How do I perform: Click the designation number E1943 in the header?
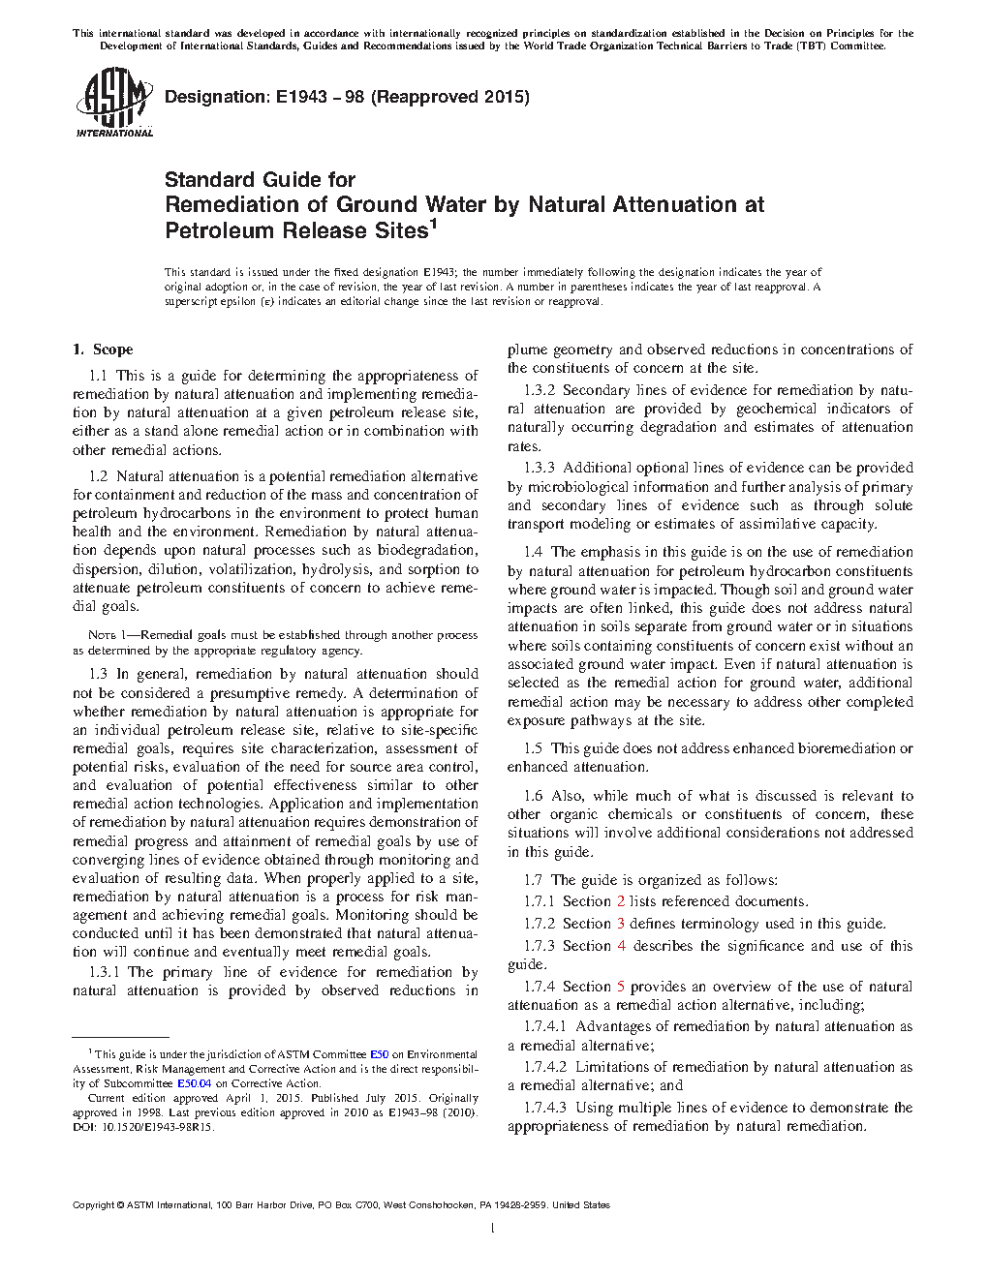click(301, 97)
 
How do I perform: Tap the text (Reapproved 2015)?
click(450, 97)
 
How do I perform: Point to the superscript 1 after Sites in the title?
click(434, 225)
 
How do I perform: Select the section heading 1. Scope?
click(104, 350)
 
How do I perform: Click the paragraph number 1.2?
click(98, 476)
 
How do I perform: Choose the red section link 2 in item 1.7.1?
click(621, 901)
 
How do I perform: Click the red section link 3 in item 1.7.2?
click(621, 924)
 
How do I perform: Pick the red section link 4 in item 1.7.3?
click(622, 946)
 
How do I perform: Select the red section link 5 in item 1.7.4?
click(621, 987)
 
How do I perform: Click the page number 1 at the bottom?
click(493, 1229)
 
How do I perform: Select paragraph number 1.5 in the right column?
click(533, 748)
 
